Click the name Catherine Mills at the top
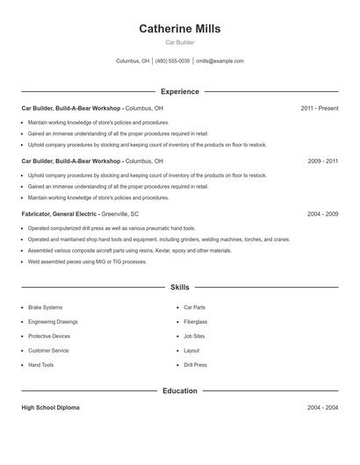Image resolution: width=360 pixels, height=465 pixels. click(x=179, y=28)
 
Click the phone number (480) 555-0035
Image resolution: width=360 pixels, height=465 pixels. click(x=173, y=61)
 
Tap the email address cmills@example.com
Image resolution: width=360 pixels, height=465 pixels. click(x=220, y=61)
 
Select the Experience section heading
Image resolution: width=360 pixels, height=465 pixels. click(x=179, y=91)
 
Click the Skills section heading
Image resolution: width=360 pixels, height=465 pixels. click(x=179, y=287)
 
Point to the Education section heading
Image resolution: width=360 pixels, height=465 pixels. click(x=179, y=390)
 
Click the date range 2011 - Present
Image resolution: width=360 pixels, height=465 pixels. click(x=319, y=108)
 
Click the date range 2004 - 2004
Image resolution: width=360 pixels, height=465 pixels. click(x=322, y=408)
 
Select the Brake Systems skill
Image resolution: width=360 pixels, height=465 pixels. click(x=46, y=308)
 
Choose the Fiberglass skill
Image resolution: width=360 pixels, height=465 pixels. click(x=196, y=322)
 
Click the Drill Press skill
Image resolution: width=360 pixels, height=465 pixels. click(x=195, y=365)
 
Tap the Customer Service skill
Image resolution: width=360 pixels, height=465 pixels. click(x=49, y=351)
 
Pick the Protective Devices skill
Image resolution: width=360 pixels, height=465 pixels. click(x=49, y=336)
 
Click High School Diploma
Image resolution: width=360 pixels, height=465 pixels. click(x=50, y=408)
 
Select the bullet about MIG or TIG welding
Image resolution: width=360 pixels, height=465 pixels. click(x=87, y=261)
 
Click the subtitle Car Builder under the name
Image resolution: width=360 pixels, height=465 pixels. click(x=179, y=42)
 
